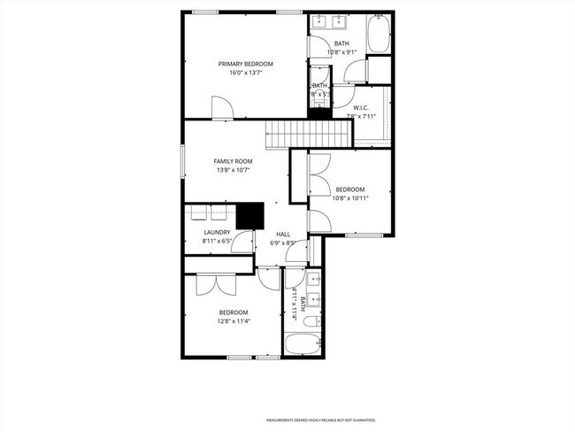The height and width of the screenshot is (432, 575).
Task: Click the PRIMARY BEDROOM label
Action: [246, 64]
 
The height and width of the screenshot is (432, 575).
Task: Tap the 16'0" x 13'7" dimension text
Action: [246, 73]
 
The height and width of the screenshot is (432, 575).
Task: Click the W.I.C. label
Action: [360, 107]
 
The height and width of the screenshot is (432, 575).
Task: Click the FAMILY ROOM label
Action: [234, 161]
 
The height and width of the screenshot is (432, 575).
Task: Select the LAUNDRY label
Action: [217, 233]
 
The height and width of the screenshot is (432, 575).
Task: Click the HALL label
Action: [282, 234]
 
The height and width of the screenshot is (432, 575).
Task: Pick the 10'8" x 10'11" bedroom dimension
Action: [349, 198]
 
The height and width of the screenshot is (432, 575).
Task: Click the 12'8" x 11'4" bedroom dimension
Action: [234, 320]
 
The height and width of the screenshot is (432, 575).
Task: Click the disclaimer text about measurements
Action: [321, 420]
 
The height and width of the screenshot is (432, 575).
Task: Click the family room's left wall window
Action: [183, 160]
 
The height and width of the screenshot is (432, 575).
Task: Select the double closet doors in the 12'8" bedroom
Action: [213, 284]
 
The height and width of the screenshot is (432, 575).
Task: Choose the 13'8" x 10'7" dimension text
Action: [234, 170]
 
